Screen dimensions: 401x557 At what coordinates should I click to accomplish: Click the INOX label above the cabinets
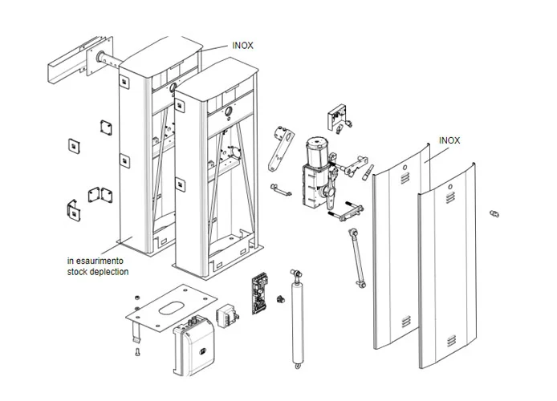click(242, 46)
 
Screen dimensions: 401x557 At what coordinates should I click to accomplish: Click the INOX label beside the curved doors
click(449, 140)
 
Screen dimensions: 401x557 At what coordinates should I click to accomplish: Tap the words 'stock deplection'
click(98, 272)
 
